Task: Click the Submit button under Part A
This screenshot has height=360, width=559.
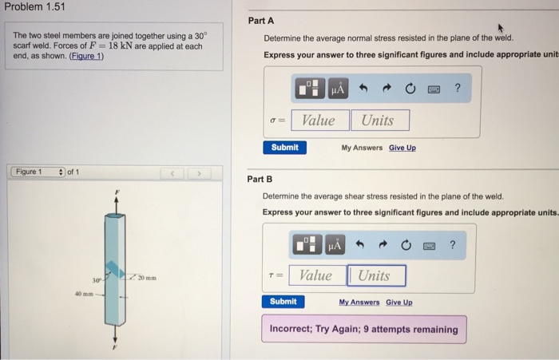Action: point(284,148)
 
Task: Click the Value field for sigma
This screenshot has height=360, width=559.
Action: point(319,120)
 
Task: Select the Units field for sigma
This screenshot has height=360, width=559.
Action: point(380,120)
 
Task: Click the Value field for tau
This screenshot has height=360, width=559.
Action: point(317,275)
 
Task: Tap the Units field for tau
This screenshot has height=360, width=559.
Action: point(377,275)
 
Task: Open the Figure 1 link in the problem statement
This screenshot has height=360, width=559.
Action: point(86,56)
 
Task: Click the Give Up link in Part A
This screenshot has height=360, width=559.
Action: point(402,148)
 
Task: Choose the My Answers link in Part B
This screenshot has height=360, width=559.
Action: point(359,303)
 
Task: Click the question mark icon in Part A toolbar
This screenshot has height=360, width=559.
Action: point(458,88)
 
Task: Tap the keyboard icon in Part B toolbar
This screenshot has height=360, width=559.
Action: point(429,246)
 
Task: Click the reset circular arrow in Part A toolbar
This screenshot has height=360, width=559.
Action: point(410,88)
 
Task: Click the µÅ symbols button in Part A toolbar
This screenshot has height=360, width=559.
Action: point(338,89)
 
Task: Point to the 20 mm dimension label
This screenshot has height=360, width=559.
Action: point(147,278)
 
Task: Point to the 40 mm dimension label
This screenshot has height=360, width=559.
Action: point(84,294)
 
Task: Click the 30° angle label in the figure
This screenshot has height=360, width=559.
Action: point(97,280)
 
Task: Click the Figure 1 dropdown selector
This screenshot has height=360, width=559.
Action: point(38,172)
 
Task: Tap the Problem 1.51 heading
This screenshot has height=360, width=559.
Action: point(34,6)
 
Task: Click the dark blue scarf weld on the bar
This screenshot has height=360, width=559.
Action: point(115,270)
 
